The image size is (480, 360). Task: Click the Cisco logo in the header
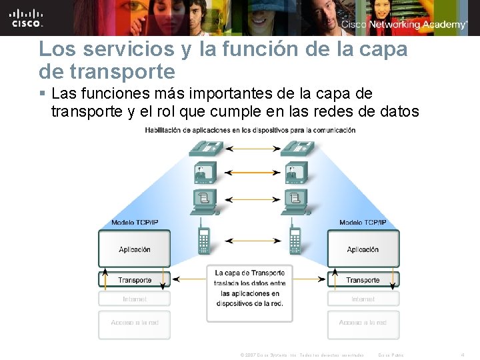coord(27,17)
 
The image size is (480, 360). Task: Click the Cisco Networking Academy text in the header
coord(404,25)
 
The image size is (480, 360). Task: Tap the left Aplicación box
coord(135,249)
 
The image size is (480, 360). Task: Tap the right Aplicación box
coord(363,249)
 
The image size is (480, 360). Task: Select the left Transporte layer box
coord(135,280)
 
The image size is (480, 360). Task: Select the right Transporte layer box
coord(363,280)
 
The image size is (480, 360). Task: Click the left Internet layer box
coord(135,299)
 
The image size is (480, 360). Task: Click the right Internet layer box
coord(363,299)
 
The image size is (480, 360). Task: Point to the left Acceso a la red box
coord(135,323)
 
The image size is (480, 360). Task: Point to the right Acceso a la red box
coord(363,323)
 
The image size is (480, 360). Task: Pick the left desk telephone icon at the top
coord(204,147)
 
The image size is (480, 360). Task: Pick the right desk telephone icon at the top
coord(294,147)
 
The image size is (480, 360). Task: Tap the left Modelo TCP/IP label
coord(135,223)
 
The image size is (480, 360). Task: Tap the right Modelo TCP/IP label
coord(363,223)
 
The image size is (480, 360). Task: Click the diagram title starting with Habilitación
coord(250,130)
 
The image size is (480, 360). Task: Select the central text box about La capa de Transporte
coord(249,288)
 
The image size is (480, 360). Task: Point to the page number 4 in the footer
coord(462,355)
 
